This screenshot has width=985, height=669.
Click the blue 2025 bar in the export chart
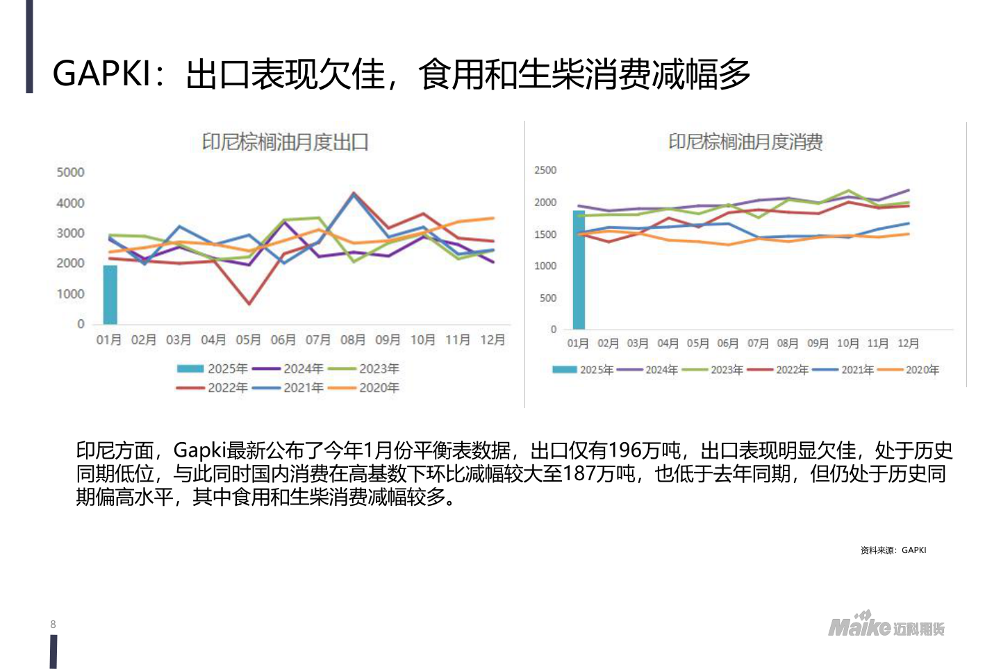(110, 295)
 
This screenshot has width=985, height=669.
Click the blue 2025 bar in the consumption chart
(579, 271)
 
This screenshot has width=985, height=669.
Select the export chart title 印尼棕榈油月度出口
(285, 142)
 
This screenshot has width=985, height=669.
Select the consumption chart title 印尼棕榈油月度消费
(745, 142)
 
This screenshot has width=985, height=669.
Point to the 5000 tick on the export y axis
(70, 172)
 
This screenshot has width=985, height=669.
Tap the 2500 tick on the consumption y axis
(545, 170)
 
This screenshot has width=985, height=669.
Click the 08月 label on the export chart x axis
(353, 339)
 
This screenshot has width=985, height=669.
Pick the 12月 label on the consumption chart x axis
(908, 344)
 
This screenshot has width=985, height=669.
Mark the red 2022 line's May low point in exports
(249, 304)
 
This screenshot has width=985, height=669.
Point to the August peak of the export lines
(354, 193)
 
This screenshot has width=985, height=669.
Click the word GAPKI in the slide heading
(101, 74)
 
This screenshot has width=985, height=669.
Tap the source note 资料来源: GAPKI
(893, 550)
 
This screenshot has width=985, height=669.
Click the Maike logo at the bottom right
(886, 625)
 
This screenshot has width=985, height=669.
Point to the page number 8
(53, 625)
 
